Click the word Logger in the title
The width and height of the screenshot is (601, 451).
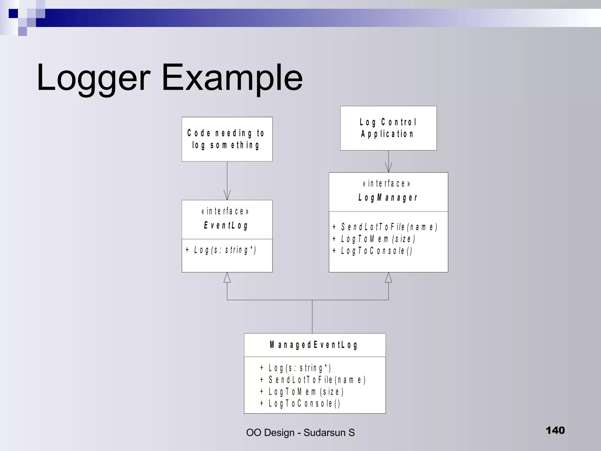[x=93, y=78]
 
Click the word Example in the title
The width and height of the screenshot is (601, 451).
[x=232, y=78]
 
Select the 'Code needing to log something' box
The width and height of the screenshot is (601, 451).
[x=227, y=139]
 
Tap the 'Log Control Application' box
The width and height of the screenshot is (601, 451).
[x=388, y=128]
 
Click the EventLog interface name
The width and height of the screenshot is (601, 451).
[x=226, y=225]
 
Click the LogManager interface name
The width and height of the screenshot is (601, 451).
[x=388, y=198]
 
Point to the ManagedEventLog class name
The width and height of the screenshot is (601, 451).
[x=314, y=345]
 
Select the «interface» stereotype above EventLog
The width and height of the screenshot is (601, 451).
[x=225, y=211]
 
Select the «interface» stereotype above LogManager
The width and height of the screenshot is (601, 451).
[x=387, y=184]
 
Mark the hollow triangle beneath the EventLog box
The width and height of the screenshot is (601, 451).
[x=227, y=278]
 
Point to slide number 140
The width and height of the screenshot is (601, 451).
[x=555, y=430]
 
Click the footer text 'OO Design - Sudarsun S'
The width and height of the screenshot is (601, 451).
[x=300, y=433]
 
